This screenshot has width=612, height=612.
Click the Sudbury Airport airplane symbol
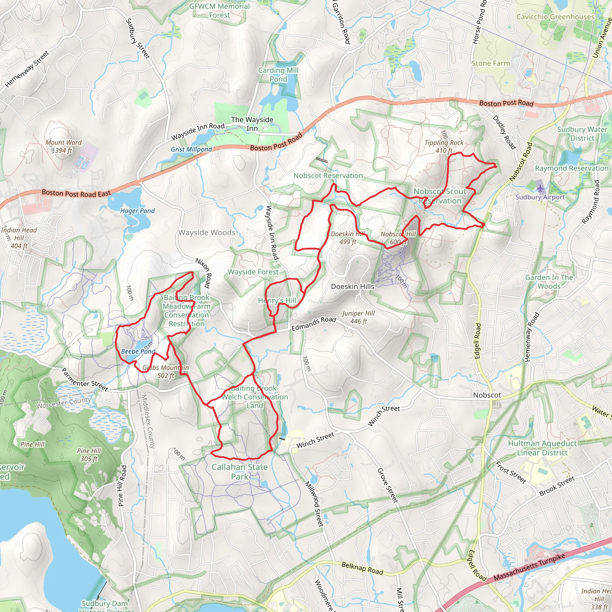tap(540, 188)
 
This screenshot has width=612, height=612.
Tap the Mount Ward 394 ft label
tap(64, 146)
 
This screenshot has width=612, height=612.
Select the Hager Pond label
tap(137, 211)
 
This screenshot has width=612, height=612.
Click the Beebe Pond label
tap(138, 351)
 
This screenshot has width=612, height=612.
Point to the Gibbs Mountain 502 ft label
tap(166, 371)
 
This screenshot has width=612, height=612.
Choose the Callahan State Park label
tap(240, 472)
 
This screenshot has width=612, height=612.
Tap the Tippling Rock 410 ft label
tap(444, 147)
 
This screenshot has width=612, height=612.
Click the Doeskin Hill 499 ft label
tap(348, 238)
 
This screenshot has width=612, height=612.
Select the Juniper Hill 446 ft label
tap(358, 317)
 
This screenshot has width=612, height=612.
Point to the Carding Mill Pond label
tap(279, 75)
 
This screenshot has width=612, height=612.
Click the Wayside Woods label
tap(207, 232)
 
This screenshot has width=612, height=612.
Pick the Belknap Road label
tap(362, 568)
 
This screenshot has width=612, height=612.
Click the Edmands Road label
tap(313, 323)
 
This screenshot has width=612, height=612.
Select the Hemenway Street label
tap(27, 69)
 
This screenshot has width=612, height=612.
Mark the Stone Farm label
tap(491, 63)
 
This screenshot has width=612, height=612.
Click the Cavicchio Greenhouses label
tap(555, 17)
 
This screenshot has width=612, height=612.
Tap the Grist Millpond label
tap(191, 149)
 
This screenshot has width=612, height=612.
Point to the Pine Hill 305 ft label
tap(89, 455)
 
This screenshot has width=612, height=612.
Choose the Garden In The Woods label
tap(549, 281)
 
